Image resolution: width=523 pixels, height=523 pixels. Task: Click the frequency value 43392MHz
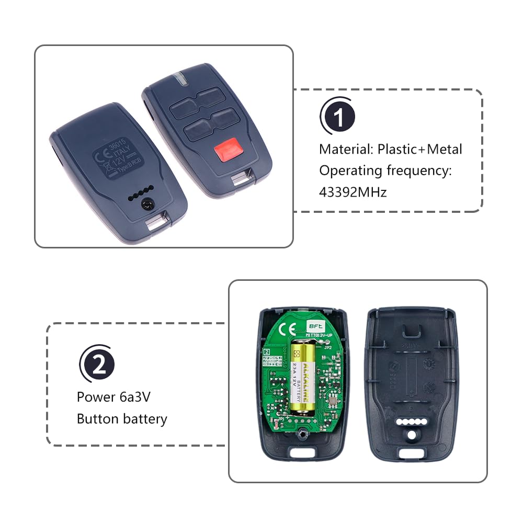[x=353, y=192]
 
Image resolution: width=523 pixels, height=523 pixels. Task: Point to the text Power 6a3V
[x=113, y=397]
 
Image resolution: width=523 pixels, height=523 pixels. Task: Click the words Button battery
[x=122, y=419]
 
